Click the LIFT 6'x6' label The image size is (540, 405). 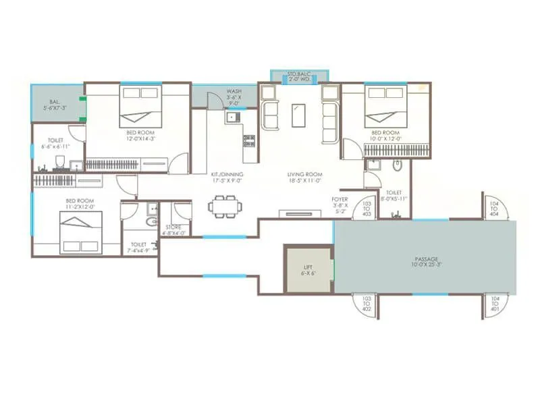click(x=307, y=271)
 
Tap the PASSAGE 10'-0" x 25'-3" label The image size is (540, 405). click(x=426, y=262)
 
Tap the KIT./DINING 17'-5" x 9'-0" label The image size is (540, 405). click(x=228, y=178)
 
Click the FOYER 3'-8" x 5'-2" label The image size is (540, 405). click(x=340, y=205)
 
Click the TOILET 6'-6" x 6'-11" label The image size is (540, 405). click(x=55, y=143)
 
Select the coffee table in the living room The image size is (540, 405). click(x=298, y=115)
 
